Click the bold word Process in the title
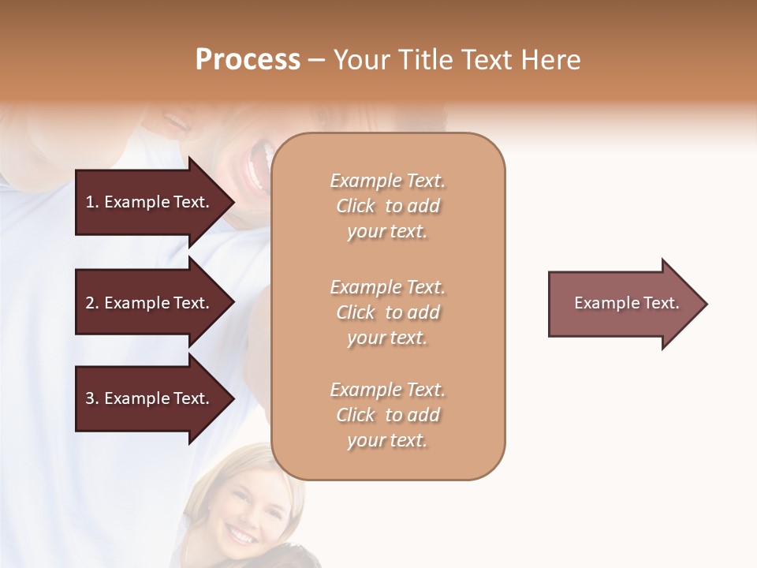pyautogui.click(x=248, y=60)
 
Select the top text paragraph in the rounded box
pyautogui.click(x=387, y=206)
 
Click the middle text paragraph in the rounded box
pyautogui.click(x=387, y=312)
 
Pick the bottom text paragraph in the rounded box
pyautogui.click(x=387, y=415)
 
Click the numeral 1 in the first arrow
pyautogui.click(x=90, y=202)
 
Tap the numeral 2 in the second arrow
pyautogui.click(x=90, y=303)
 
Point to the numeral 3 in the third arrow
pyautogui.click(x=90, y=398)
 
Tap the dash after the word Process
pyautogui.click(x=317, y=61)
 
